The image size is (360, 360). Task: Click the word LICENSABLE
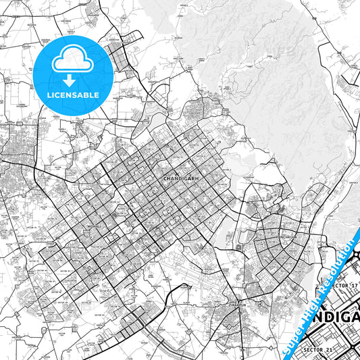72,95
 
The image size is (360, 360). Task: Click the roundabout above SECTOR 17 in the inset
356,255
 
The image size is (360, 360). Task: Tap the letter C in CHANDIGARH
165,178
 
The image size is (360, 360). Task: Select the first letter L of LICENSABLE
49,95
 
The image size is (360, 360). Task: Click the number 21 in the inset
330,349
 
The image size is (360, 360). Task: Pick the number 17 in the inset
351,287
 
